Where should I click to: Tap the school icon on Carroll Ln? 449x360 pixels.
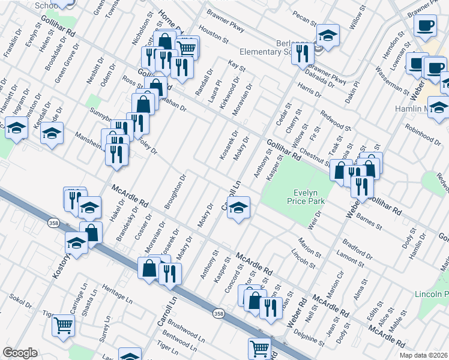[238, 208]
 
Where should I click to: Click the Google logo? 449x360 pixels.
[19, 353]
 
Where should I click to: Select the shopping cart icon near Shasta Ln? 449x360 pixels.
[63, 326]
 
